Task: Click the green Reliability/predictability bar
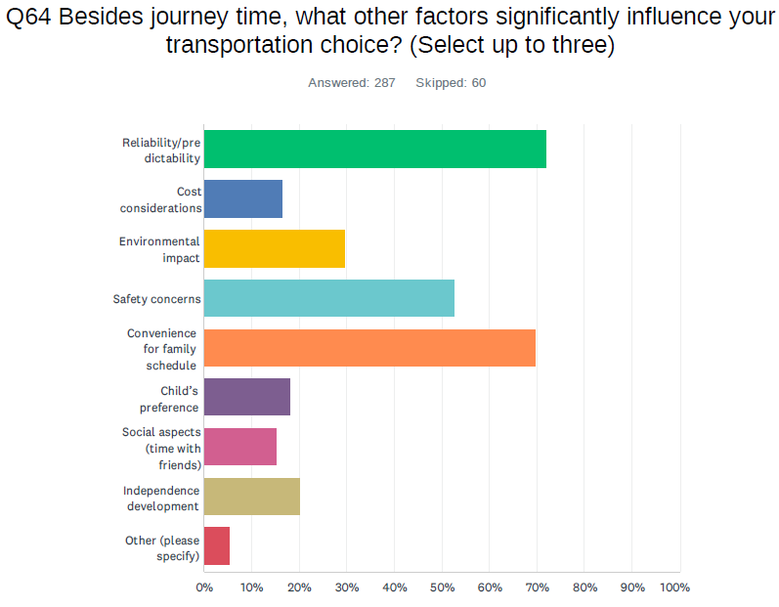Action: pos(374,150)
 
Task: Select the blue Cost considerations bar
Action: pos(243,199)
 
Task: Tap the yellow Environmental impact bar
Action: pos(275,249)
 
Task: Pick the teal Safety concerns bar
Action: pos(329,299)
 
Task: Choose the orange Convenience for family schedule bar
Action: pos(369,349)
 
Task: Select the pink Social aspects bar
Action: pos(240,448)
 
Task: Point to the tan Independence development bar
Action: pos(252,498)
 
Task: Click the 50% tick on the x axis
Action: pos(442,587)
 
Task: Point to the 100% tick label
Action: pos(675,587)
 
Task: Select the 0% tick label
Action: pos(204,587)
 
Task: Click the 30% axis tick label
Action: pos(347,587)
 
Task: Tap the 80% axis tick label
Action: pos(584,587)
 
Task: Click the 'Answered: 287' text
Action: pos(352,83)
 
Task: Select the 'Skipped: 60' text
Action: pos(451,83)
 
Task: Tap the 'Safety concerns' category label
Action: pos(157,299)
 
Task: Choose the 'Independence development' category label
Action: pos(161,499)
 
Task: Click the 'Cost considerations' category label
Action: pos(161,200)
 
